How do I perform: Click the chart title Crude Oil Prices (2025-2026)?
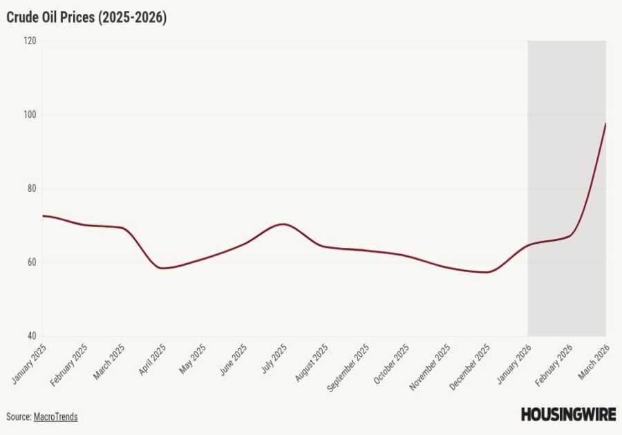tap(86, 18)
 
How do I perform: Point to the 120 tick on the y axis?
tap(30, 41)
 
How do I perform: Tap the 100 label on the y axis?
tap(30, 115)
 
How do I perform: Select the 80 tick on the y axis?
tap(31, 188)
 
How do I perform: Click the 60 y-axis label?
tap(31, 262)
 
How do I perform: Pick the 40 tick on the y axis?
tap(31, 336)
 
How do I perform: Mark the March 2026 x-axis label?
tap(594, 360)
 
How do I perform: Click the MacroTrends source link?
tap(56, 417)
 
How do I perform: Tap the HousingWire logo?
tap(567, 414)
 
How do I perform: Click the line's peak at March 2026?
tap(605, 124)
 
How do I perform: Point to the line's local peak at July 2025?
tap(283, 224)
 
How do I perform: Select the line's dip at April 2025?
tap(163, 268)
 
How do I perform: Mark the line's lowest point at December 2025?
tap(487, 272)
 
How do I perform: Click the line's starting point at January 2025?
tap(43, 216)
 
